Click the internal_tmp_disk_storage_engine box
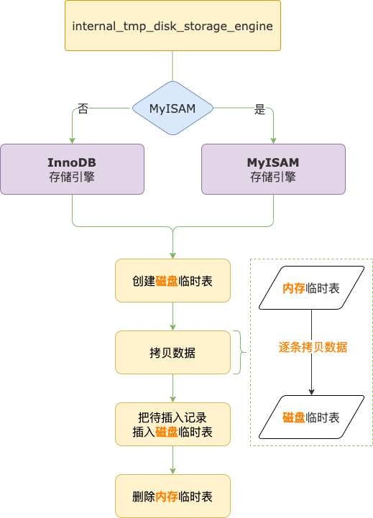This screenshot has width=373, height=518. pos(172,26)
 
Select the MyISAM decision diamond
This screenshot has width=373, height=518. pos(172,108)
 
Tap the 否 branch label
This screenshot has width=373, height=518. pos(83,109)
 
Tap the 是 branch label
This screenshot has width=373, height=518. pos(260,109)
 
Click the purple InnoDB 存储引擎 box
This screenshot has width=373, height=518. pos(72,169)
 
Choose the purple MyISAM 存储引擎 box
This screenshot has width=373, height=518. pos(273,169)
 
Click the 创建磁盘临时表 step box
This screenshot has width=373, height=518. pos(172,281)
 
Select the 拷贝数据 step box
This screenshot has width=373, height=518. pos(172,353)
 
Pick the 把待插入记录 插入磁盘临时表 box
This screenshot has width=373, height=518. pos(172,424)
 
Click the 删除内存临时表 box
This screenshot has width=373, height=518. pos(172,496)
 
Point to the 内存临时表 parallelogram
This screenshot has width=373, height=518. pos(311,288)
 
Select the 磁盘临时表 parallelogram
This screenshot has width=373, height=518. pos(311,417)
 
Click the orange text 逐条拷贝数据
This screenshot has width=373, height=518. pos(313,347)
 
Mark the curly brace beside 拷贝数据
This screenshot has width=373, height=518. pos(239,353)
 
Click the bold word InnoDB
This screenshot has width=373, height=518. pos(72,162)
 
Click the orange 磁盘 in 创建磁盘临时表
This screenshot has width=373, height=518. pos(166,281)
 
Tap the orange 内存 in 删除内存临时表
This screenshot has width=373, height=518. pos(166,496)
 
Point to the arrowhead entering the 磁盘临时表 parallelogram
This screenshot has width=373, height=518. pos(311,392)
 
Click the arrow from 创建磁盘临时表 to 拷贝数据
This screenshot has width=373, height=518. pos(172,316)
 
